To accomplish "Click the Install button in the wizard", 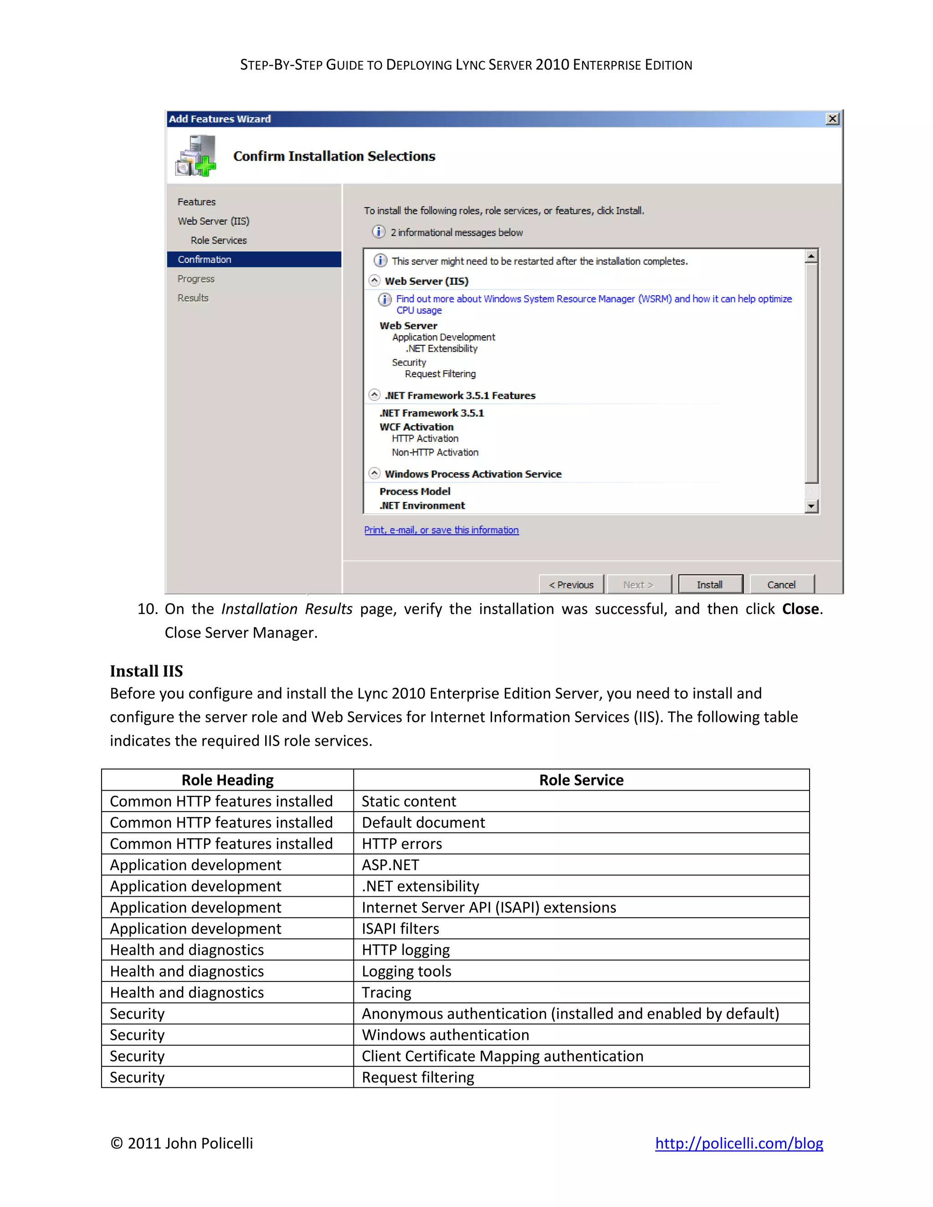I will tap(710, 585).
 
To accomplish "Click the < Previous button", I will tap(571, 585).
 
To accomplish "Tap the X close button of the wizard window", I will tap(832, 119).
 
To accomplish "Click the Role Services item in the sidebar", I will tap(218, 240).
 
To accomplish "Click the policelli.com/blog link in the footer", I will tap(738, 1143).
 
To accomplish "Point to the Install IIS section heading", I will tap(147, 671).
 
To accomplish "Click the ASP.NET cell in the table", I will tap(390, 865).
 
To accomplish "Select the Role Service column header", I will tap(581, 780).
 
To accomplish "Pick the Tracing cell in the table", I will tap(386, 992).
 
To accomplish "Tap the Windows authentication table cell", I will tap(445, 1034).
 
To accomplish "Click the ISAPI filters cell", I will tap(400, 928).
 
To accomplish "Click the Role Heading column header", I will tap(227, 780).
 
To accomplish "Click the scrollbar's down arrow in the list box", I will tap(811, 506).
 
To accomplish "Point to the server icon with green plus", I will tap(195, 156).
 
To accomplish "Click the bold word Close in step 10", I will tap(800, 609).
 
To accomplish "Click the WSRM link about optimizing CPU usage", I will tap(594, 299).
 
